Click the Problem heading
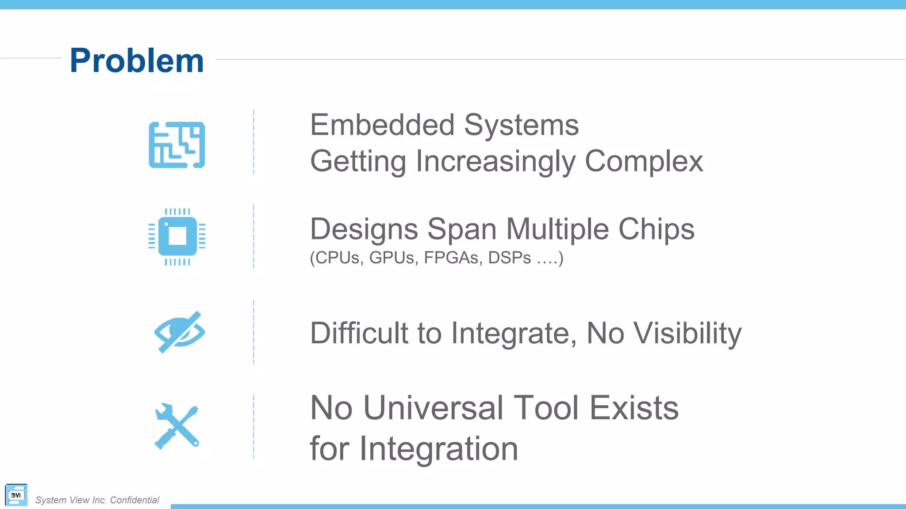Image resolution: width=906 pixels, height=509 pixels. [137, 61]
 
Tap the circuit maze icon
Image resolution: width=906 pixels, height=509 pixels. [177, 145]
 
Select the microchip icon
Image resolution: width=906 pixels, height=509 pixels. [177, 236]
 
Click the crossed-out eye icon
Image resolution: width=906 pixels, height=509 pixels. [179, 332]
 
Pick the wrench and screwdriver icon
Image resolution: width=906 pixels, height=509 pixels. [177, 426]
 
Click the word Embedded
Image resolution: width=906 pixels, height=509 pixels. [382, 125]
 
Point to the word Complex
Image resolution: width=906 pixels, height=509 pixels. [644, 161]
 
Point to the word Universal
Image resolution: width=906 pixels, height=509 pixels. [433, 408]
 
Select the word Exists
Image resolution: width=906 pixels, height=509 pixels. [634, 408]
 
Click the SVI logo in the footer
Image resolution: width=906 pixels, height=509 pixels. [16, 495]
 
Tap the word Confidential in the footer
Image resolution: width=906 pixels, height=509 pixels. [134, 500]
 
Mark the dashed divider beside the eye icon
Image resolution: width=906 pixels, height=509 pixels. [253, 332]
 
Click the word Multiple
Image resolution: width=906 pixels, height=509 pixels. [557, 229]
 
